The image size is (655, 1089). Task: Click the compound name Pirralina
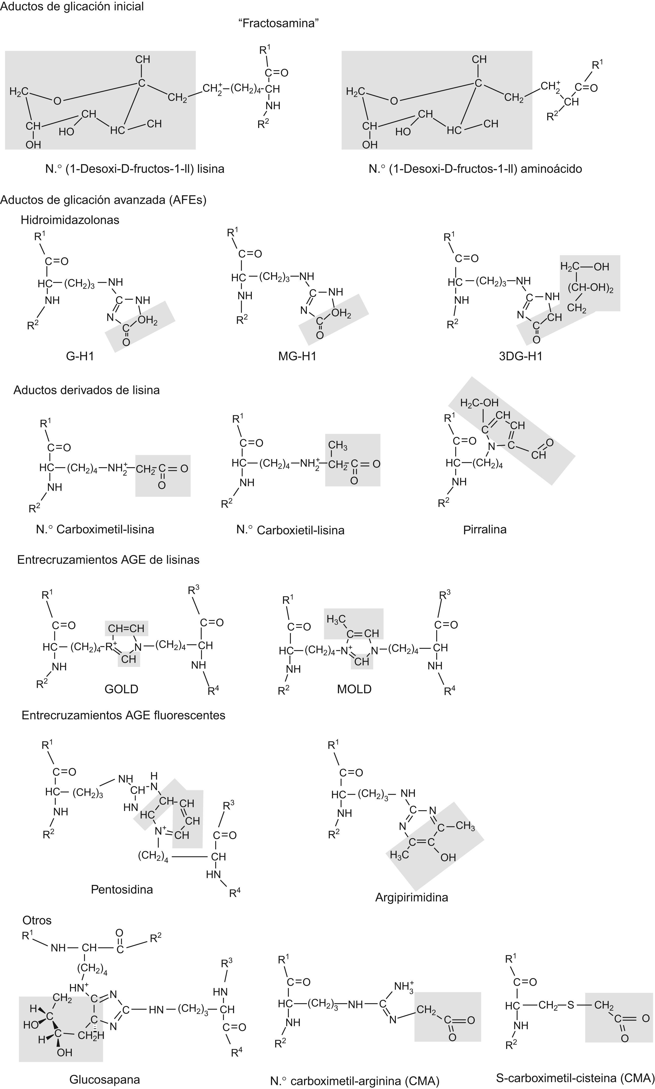485,529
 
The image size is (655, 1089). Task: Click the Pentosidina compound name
122,889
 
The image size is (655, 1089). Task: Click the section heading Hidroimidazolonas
70,220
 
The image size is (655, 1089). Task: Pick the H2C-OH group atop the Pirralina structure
479,403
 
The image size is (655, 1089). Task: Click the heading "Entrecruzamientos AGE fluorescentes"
123,715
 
